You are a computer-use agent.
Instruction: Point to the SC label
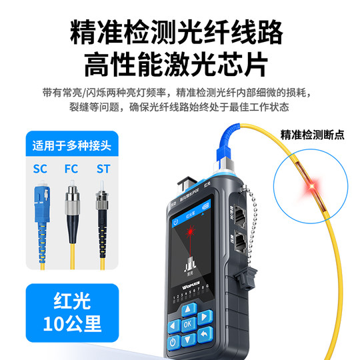[41, 169]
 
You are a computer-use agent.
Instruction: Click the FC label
[71, 169]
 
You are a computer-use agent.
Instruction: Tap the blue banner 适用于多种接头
[70, 144]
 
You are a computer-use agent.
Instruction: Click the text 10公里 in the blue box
[70, 324]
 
